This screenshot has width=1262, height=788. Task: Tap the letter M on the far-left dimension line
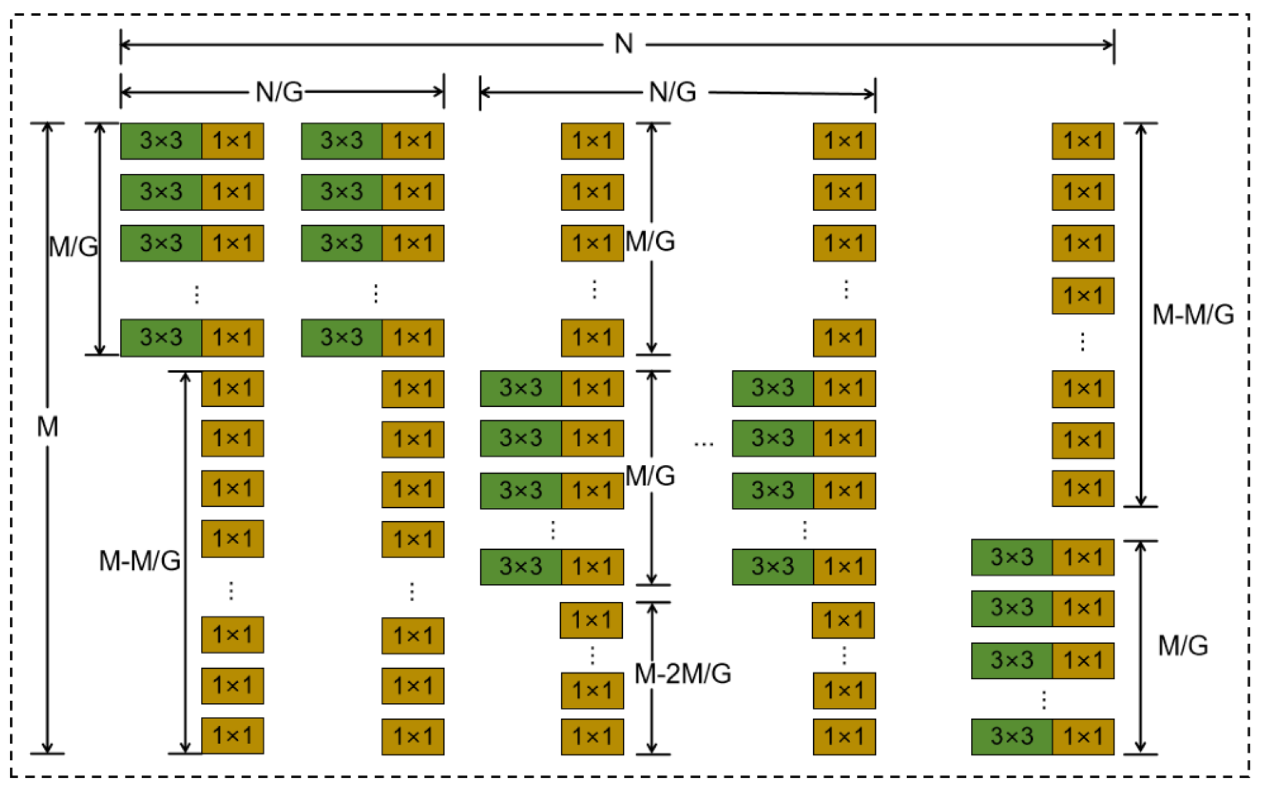click(x=47, y=427)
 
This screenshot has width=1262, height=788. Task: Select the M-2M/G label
click(x=683, y=674)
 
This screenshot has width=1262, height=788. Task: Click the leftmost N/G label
click(x=279, y=92)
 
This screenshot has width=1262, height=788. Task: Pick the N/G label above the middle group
click(x=673, y=92)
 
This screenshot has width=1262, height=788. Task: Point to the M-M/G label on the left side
click(x=140, y=561)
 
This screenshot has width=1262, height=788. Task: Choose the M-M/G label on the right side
click(x=1193, y=315)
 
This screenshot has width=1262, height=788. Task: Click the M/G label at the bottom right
click(x=1183, y=646)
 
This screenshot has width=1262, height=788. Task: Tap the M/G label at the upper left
click(x=73, y=246)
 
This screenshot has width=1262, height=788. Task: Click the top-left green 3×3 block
click(x=161, y=141)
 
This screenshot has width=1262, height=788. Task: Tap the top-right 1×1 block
click(x=1083, y=141)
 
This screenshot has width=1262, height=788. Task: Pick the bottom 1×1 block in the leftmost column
click(x=233, y=735)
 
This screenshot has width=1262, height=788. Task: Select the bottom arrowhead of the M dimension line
click(x=47, y=749)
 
